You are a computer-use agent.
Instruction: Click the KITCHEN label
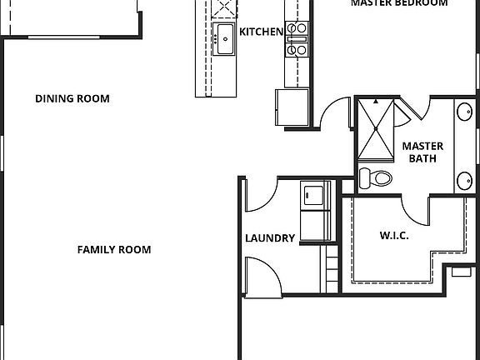point(261,32)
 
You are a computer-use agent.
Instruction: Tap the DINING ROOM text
point(72,98)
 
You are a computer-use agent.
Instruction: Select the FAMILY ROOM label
point(114,249)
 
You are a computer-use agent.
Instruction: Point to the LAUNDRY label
point(270,238)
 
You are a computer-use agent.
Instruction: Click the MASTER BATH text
point(422,152)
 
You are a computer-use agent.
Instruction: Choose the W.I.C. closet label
point(393,236)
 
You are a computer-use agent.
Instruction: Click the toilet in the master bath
point(377,177)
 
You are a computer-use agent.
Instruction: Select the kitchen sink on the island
point(224,38)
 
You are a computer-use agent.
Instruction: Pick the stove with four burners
point(297,38)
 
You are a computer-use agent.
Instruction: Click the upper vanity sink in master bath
point(464,113)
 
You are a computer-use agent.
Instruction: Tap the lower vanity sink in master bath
point(464,178)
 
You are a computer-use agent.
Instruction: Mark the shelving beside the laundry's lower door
point(330,268)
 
